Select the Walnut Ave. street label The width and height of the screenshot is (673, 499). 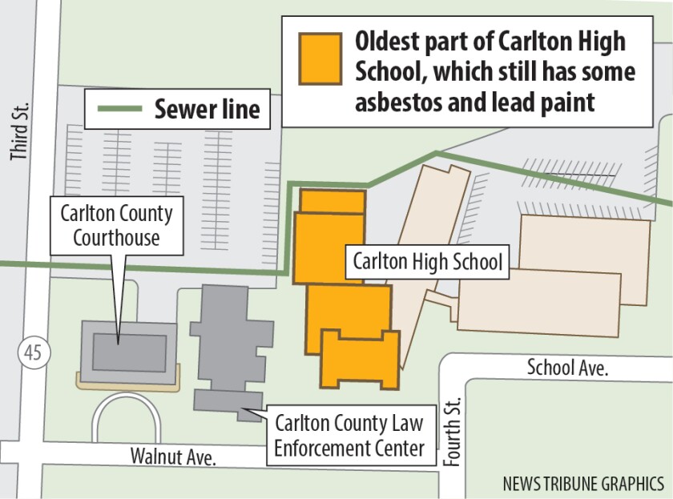(x=174, y=457)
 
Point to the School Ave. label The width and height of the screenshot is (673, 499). (x=567, y=368)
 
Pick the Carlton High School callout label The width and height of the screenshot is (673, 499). (x=427, y=262)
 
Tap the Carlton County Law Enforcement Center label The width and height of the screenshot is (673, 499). (x=349, y=435)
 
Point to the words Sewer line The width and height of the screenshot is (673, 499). (x=208, y=109)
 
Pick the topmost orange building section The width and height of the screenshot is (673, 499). (x=333, y=199)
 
